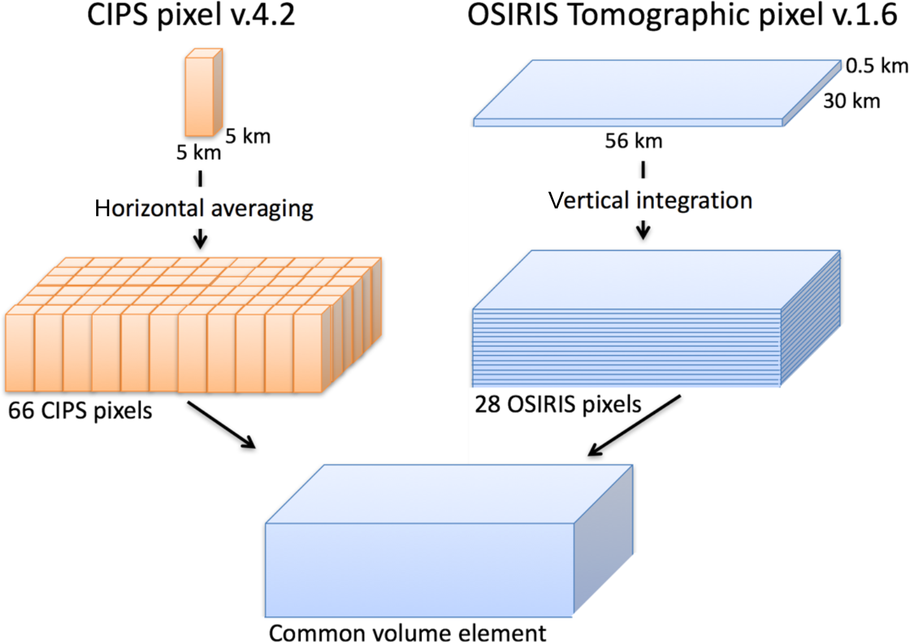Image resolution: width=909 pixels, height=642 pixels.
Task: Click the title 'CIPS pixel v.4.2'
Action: coord(190,16)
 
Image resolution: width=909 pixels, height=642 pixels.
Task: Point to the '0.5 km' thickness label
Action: coord(876,65)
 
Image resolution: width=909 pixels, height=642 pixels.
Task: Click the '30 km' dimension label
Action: coord(851,101)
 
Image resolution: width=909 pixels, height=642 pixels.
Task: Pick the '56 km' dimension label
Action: coord(634,141)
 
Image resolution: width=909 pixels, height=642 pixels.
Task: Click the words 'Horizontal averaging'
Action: coord(204,209)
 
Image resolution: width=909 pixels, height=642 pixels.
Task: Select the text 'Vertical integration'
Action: coord(650,201)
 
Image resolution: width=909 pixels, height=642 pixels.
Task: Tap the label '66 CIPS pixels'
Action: coord(80,410)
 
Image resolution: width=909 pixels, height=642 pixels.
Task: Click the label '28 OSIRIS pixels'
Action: coord(558,404)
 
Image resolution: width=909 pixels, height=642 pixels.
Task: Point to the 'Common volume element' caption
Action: coord(407,632)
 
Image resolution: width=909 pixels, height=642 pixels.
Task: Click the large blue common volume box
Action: coord(419,568)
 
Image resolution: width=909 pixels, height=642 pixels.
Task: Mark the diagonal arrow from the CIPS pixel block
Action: coord(222,425)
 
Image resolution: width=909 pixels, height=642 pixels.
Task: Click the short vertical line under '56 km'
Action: coord(643,170)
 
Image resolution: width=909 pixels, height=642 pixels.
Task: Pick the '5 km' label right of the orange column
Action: coord(248,136)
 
